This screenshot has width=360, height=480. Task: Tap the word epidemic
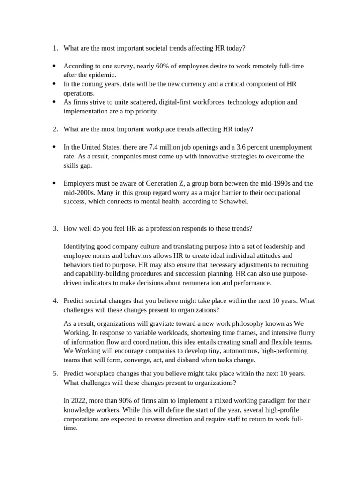tap(100, 75)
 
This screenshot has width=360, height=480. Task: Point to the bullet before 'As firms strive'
tap(54, 102)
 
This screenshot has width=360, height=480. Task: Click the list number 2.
tap(55, 129)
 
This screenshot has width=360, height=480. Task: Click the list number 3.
tap(55, 228)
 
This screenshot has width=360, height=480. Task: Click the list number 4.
tap(55, 300)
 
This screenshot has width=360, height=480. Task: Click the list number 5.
tap(55, 373)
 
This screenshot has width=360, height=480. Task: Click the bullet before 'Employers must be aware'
tap(54, 183)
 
